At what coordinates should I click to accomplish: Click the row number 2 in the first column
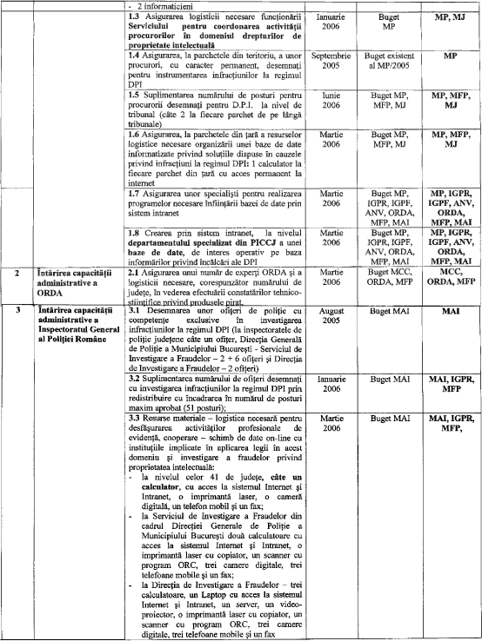point(17,273)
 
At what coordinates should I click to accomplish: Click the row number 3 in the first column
point(17,310)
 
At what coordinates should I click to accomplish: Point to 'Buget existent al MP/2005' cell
point(389,61)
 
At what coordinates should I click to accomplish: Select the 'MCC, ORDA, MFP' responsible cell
point(451,277)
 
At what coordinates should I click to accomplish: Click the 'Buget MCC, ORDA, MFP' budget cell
point(389,277)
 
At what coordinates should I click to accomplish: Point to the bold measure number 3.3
point(134,418)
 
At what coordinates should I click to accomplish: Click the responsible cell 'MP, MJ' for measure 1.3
point(450,17)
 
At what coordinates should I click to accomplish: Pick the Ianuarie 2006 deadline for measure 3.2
point(331,384)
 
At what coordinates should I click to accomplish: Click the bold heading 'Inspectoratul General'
point(78,329)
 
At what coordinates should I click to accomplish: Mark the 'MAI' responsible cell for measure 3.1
point(451,311)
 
